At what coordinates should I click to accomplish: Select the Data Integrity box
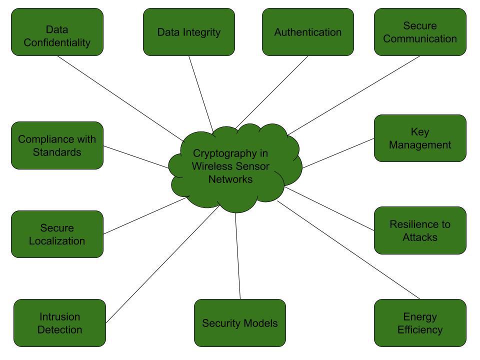[x=189, y=32]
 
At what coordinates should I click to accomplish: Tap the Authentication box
[x=308, y=32]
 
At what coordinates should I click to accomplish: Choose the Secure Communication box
[x=420, y=32]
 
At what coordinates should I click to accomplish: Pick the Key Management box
[x=420, y=138]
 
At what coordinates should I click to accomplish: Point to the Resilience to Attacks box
[x=420, y=230]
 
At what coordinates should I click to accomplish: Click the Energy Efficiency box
[x=420, y=323]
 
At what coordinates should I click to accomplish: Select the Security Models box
[x=240, y=323]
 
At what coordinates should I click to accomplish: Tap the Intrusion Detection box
[x=59, y=323]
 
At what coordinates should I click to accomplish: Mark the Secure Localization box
[x=57, y=234]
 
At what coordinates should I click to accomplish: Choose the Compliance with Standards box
[x=57, y=145]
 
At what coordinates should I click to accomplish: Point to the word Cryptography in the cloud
[x=220, y=153]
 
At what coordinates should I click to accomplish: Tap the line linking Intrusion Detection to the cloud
[x=162, y=264]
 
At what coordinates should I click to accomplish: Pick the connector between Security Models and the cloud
[x=237, y=256]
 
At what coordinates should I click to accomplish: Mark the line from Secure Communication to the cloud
[x=353, y=95]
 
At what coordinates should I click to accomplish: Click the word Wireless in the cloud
[x=209, y=166]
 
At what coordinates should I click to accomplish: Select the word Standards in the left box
[x=57, y=152]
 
